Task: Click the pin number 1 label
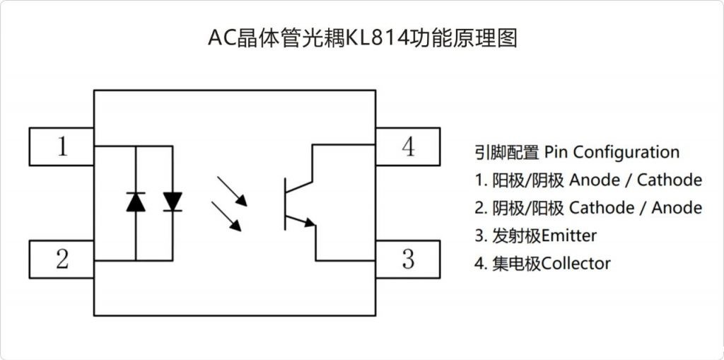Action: [x=62, y=146]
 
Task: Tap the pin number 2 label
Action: [x=62, y=259]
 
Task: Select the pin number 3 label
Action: [x=408, y=259]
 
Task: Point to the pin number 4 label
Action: [x=408, y=146]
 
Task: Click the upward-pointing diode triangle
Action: [x=136, y=202]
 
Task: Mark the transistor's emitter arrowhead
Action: [x=310, y=223]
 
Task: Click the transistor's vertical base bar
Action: [x=285, y=204]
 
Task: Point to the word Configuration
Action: [x=626, y=152]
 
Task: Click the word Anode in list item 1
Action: [x=595, y=180]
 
